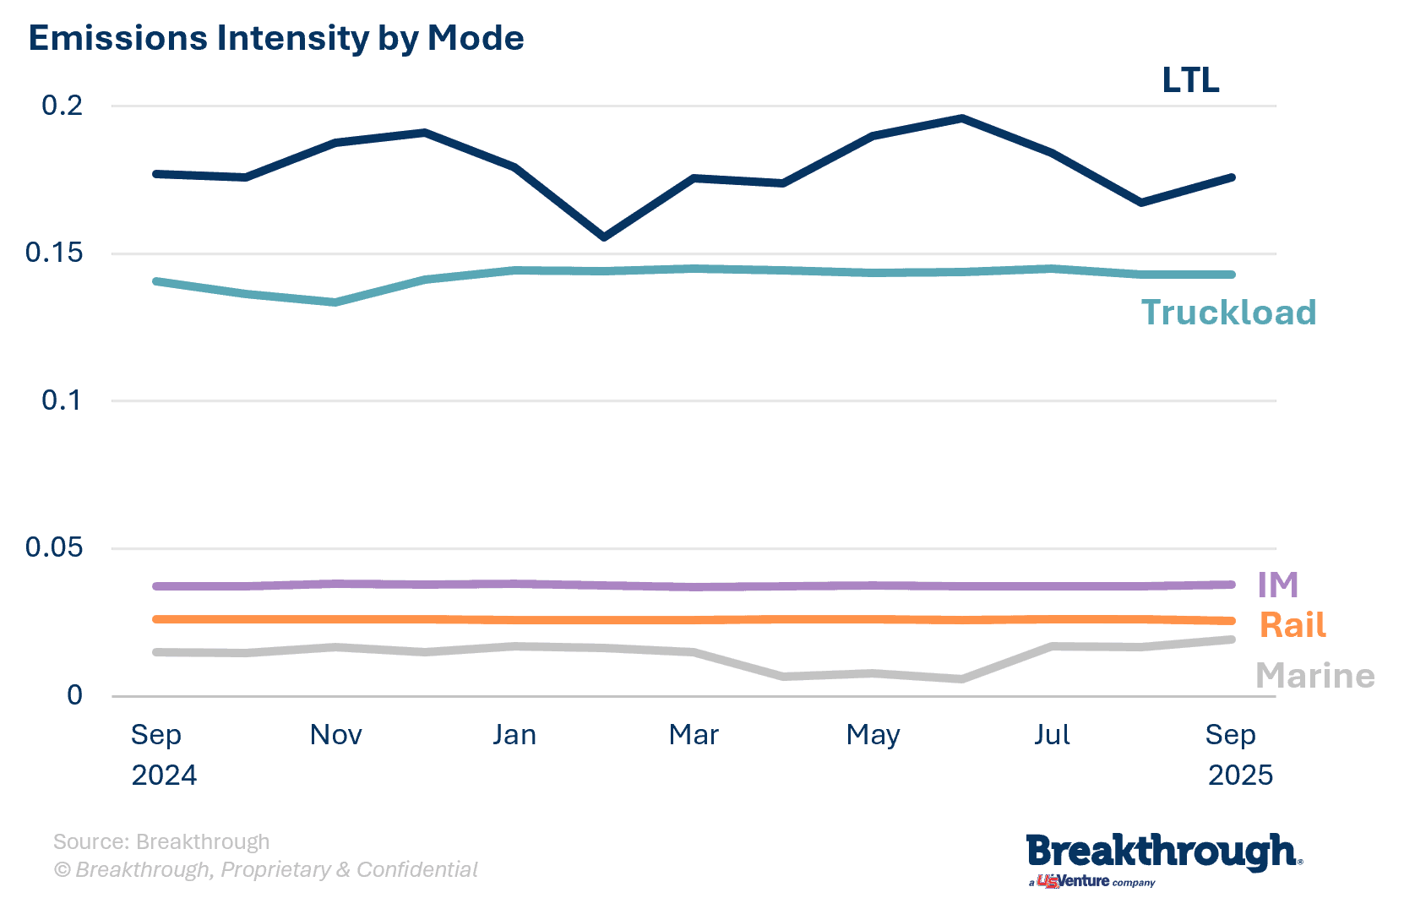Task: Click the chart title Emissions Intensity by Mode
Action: pyautogui.click(x=276, y=39)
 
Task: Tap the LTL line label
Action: pyautogui.click(x=1190, y=80)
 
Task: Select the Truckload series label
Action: pyautogui.click(x=1228, y=313)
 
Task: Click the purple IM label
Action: pyautogui.click(x=1277, y=585)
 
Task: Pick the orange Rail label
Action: pyautogui.click(x=1292, y=625)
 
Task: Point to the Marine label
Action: pyautogui.click(x=1314, y=676)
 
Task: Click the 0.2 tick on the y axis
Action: pyautogui.click(x=63, y=106)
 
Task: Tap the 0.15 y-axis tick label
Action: pyautogui.click(x=55, y=253)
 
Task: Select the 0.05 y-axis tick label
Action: pyautogui.click(x=55, y=547)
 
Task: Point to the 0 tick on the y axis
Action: pyautogui.click(x=74, y=695)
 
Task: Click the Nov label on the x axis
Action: pyautogui.click(x=335, y=735)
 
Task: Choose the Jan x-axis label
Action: pyautogui.click(x=514, y=735)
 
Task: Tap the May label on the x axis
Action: pyautogui.click(x=873, y=736)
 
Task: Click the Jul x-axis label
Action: pyautogui.click(x=1052, y=735)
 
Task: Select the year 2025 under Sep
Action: pyautogui.click(x=1239, y=776)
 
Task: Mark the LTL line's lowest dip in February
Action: pyautogui.click(x=603, y=237)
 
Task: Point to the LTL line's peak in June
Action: pyautogui.click(x=961, y=118)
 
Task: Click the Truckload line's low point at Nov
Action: pyautogui.click(x=335, y=302)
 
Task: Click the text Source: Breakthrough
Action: pyautogui.click(x=161, y=841)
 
